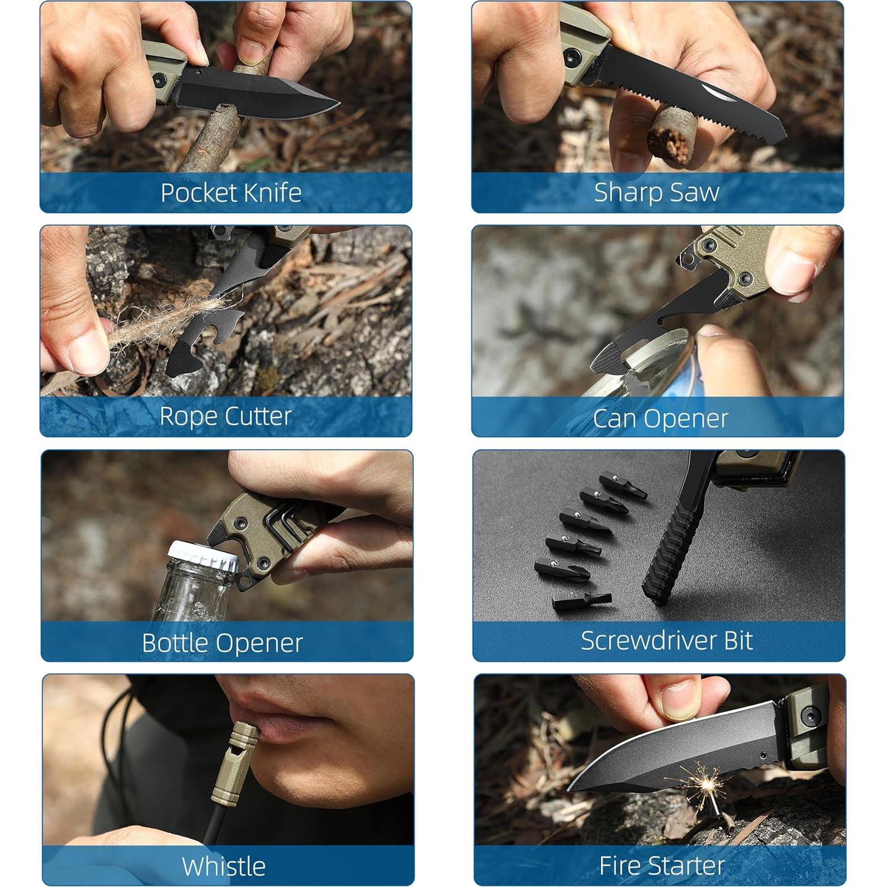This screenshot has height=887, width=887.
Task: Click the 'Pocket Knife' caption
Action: point(231,193)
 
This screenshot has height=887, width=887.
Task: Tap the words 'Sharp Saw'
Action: point(656,192)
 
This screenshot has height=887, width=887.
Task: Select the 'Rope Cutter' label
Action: point(226,416)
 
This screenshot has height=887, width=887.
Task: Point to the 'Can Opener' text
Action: point(660,419)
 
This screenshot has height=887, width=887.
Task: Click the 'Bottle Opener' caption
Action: point(222,643)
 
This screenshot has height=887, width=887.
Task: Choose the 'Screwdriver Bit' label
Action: point(666,641)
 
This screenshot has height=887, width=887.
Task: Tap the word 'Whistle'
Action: point(223,866)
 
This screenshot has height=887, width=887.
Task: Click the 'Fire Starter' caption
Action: point(661,866)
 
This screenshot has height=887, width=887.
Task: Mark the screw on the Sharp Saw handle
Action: point(571,57)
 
